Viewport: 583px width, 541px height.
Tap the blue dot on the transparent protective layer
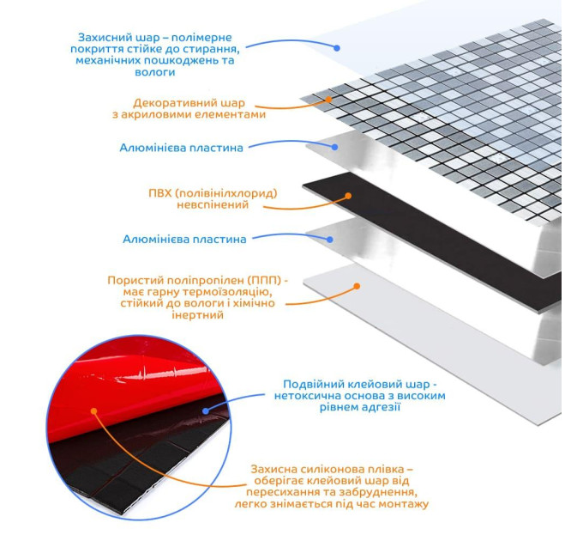(337, 48)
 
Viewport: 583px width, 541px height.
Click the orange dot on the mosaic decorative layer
(328, 100)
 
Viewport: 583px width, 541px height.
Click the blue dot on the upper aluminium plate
(334, 147)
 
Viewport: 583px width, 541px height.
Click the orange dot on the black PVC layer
(348, 196)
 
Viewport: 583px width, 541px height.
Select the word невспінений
(213, 205)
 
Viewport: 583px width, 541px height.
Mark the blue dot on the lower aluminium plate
(329, 240)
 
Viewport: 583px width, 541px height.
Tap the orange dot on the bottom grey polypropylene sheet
(357, 286)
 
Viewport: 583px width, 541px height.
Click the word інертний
(197, 315)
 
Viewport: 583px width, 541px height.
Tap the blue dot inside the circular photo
(205, 410)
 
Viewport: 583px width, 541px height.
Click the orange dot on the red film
(93, 411)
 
